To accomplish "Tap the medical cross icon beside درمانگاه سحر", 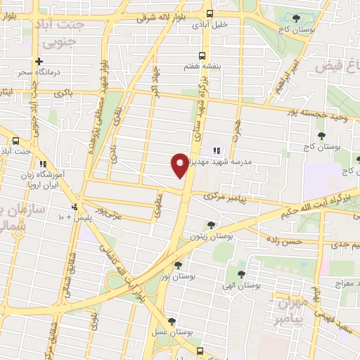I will [39, 61].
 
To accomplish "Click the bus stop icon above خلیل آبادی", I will [210, 13].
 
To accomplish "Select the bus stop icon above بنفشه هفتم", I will [202, 56].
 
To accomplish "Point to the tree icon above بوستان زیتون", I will [211, 225].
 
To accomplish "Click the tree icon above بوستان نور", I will [178, 265].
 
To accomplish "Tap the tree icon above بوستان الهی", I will [241, 274].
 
